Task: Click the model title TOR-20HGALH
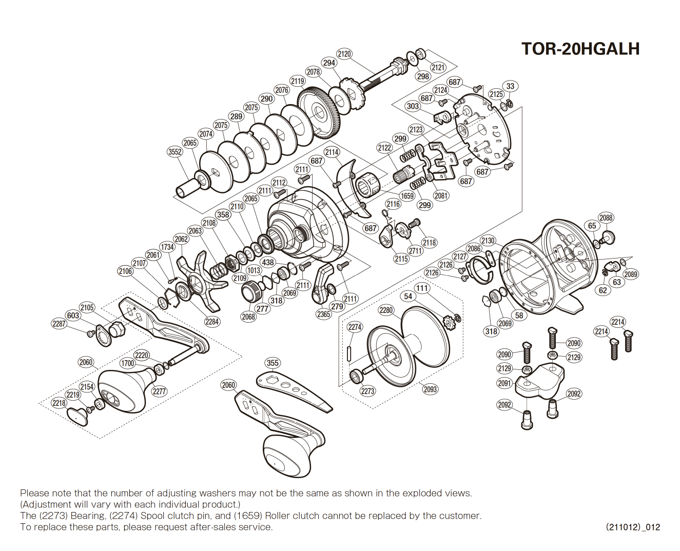pyautogui.click(x=580, y=49)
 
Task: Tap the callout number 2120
pyautogui.click(x=344, y=54)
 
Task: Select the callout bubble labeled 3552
pyautogui.click(x=175, y=151)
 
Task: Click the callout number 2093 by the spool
pyautogui.click(x=430, y=389)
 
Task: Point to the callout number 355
pyautogui.click(x=273, y=363)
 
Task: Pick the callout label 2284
pyautogui.click(x=212, y=322)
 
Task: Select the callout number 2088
pyautogui.click(x=606, y=218)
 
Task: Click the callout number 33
pyautogui.click(x=510, y=86)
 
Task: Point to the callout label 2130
pyautogui.click(x=488, y=241)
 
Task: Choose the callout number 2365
pyautogui.click(x=323, y=314)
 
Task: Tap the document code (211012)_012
pyautogui.click(x=632, y=527)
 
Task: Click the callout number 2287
pyautogui.click(x=59, y=324)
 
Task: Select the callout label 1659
pyautogui.click(x=407, y=196)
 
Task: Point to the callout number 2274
pyautogui.click(x=355, y=327)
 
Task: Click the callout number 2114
pyautogui.click(x=332, y=152)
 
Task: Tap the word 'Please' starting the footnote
pyautogui.click(x=34, y=493)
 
